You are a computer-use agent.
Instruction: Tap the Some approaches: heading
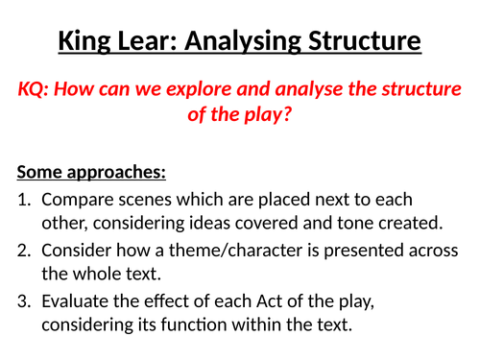pos(91,174)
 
